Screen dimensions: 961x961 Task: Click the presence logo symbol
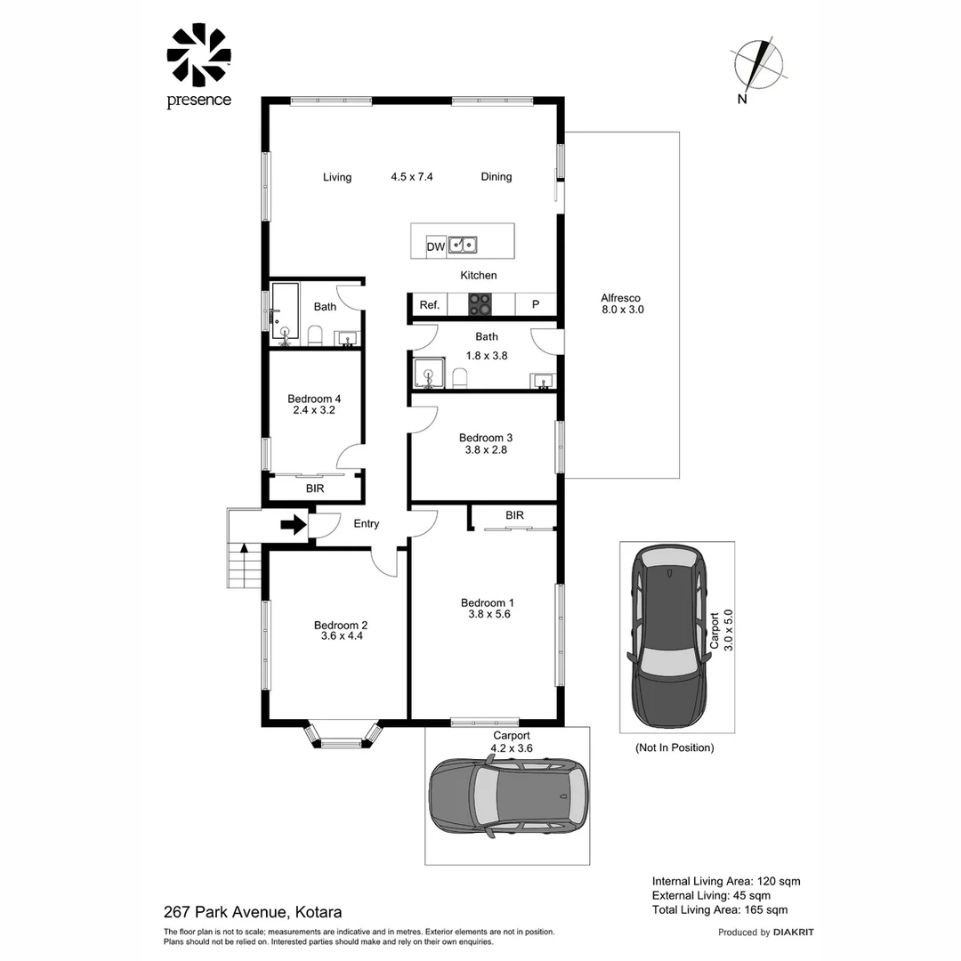[x=198, y=54]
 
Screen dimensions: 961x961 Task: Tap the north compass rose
[x=758, y=65]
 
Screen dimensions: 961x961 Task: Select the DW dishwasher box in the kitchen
[x=436, y=247]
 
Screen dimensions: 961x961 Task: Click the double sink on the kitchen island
[x=463, y=246]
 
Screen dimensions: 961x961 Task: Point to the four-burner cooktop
[x=480, y=304]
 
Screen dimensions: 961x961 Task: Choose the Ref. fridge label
[x=430, y=304]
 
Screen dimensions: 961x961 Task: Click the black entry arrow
[x=294, y=525]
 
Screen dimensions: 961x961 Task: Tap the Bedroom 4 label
[x=314, y=399]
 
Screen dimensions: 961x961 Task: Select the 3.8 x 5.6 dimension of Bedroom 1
[x=489, y=614]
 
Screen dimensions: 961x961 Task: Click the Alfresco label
[x=620, y=298]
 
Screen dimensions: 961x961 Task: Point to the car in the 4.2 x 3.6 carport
[x=508, y=795]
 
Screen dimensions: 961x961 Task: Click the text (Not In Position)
[x=674, y=747]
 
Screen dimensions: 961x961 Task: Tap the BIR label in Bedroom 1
[x=515, y=515]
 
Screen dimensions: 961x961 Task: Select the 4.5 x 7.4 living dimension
[x=412, y=176]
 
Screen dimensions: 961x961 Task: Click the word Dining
[x=497, y=176]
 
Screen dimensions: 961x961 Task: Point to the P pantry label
[x=536, y=304]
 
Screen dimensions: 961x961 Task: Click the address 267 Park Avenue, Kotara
[x=253, y=912]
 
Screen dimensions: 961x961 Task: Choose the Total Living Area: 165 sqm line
[x=720, y=910]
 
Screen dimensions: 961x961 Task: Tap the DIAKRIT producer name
[x=793, y=933]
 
